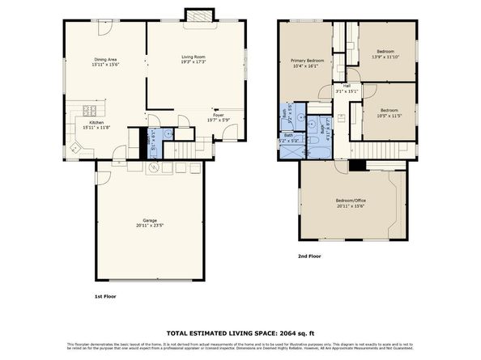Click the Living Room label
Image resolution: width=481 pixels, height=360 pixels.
[x=194, y=57]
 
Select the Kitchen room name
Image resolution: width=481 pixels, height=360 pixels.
[x=96, y=122]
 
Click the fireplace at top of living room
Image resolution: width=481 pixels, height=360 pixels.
[x=196, y=16]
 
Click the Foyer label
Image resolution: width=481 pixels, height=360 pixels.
[x=217, y=116]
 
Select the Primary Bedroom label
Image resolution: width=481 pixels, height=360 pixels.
[x=309, y=61]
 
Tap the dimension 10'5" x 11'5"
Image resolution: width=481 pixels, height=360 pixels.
[x=389, y=115]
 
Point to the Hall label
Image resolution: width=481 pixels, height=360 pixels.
[x=347, y=86]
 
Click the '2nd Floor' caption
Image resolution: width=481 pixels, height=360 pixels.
[x=309, y=256]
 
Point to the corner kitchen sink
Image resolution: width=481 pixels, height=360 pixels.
[x=75, y=148]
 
